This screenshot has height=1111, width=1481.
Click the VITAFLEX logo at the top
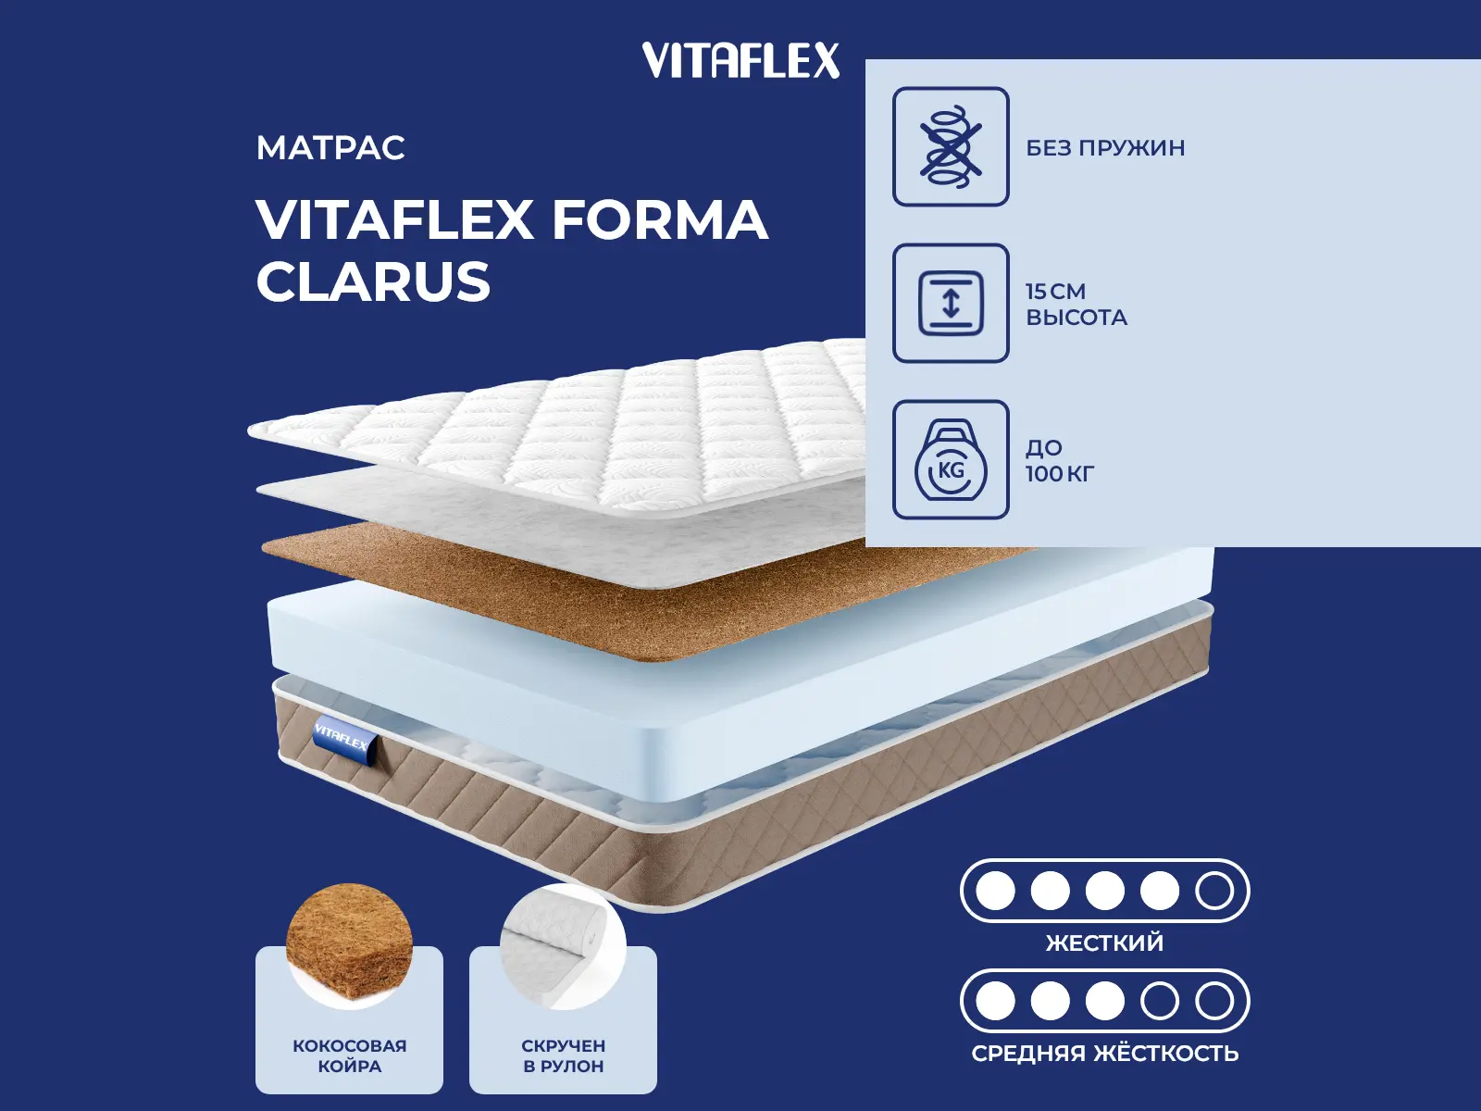click(740, 61)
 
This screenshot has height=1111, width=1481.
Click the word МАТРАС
click(330, 148)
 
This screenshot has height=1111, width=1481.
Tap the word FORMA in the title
click(660, 220)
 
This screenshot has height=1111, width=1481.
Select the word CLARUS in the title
click(373, 282)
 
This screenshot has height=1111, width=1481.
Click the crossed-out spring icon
click(951, 146)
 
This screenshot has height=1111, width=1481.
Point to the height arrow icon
click(951, 303)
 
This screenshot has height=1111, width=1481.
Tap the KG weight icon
click(951, 460)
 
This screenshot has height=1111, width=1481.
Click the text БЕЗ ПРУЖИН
click(1105, 148)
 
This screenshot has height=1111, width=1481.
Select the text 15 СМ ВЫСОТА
click(1076, 305)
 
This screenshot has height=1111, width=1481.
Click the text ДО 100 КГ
click(1059, 461)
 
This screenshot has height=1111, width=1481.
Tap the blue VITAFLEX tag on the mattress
click(343, 739)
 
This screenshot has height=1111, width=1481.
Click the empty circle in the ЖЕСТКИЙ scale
click(1213, 891)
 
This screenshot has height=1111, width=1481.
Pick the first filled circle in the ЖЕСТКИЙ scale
click(995, 891)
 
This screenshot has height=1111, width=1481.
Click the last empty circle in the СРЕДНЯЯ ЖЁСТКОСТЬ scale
click(1213, 1001)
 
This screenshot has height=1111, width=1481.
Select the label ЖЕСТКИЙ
click(1104, 943)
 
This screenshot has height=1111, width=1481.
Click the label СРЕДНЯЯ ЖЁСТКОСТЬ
click(1104, 1054)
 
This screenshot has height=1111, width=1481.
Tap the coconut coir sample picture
click(349, 944)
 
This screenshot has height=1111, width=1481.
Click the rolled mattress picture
click(563, 946)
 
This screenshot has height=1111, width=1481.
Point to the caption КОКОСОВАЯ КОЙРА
click(349, 1055)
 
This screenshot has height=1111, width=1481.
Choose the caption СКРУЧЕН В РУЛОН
click(563, 1055)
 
